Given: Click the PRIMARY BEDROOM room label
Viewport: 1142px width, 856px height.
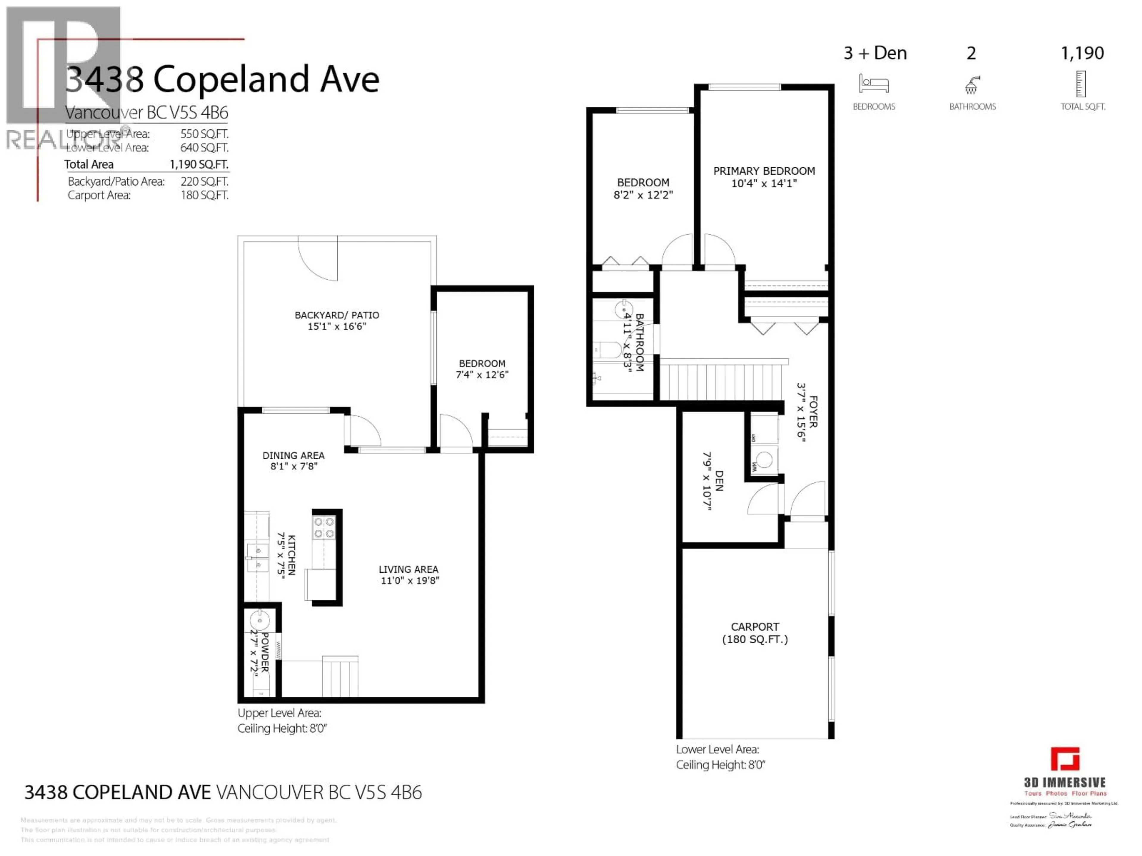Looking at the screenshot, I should tap(764, 171).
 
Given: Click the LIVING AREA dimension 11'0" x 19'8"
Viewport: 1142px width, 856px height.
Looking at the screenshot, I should tap(410, 580).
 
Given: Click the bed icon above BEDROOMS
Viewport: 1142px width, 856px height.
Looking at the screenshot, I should tap(873, 84).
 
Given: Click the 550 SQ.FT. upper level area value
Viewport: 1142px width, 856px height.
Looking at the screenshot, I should tap(204, 134).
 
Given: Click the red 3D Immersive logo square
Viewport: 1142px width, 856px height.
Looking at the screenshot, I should tap(1065, 759).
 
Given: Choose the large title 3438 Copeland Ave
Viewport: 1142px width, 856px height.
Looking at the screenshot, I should tap(222, 79).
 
